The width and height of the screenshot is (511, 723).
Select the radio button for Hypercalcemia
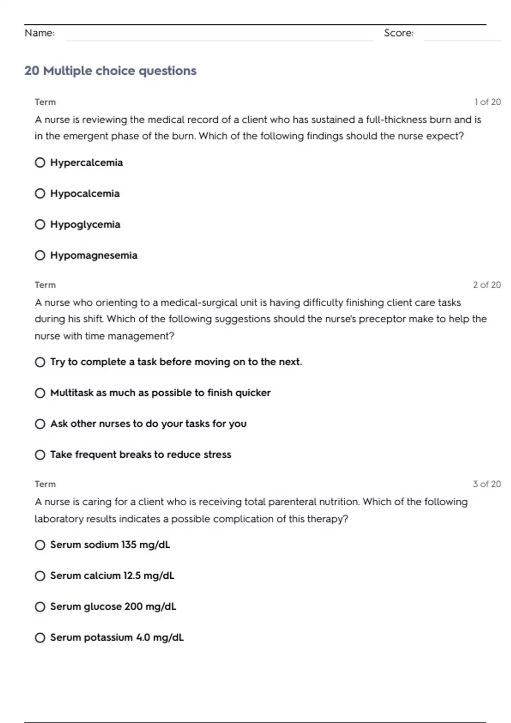(x=40, y=163)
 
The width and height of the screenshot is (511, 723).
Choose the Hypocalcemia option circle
(x=40, y=194)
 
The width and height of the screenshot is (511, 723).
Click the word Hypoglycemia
(x=85, y=225)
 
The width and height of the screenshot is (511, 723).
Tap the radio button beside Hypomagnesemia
(x=40, y=256)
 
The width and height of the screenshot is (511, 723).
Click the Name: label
(x=40, y=33)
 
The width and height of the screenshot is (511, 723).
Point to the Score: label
(x=399, y=33)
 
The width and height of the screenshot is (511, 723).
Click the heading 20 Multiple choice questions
(x=110, y=71)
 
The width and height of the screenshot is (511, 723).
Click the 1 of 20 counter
(x=488, y=102)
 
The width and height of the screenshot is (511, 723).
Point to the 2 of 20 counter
(x=487, y=285)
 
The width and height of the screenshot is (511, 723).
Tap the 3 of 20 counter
(x=487, y=484)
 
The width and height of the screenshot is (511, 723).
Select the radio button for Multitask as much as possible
(x=40, y=393)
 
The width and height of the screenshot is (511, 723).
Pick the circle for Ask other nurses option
(x=40, y=424)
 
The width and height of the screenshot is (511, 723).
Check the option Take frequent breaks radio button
(x=40, y=455)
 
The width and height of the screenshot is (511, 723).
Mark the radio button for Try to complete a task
(x=40, y=362)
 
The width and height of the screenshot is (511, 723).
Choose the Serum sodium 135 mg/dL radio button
(x=40, y=545)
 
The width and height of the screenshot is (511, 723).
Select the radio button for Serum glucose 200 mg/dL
(x=40, y=607)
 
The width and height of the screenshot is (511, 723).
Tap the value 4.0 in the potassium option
(x=143, y=638)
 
